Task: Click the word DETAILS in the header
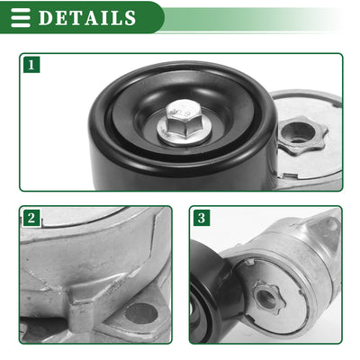87,17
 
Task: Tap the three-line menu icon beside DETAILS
21,18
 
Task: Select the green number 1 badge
31,65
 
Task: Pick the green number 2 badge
31,218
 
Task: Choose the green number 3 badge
202,218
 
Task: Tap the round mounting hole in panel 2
141,313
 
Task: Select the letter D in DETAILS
45,18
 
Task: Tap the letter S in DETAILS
130,18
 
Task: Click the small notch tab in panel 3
250,263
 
